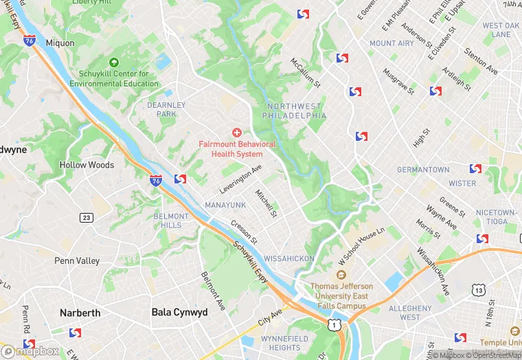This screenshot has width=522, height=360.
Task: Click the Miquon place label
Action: coord(59,42)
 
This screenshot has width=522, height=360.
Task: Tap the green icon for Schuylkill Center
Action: coord(113,63)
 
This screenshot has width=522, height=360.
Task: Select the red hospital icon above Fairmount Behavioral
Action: coord(237,132)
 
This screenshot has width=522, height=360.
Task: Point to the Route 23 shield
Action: coord(86,218)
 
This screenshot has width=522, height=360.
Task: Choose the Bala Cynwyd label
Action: coord(179,312)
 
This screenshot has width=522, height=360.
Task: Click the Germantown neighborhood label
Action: coord(423,170)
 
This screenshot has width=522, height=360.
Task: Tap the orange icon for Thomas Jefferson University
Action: coord(342,275)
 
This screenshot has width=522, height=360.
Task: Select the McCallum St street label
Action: coord(306,72)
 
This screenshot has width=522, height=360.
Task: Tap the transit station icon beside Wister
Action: coord(475,169)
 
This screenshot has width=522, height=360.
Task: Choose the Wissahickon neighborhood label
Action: coord(289,258)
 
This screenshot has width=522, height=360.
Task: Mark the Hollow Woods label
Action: coord(87,165)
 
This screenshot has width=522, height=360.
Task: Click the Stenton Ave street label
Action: coord(481,61)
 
